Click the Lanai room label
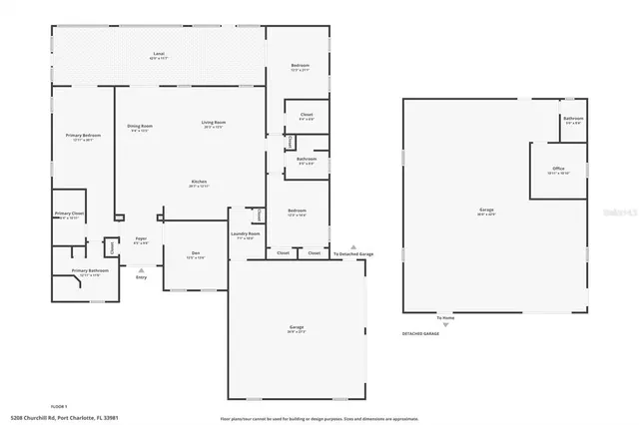tap(158, 54)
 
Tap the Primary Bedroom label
tap(84, 137)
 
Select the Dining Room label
tap(140, 127)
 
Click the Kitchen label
tap(200, 183)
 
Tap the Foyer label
tap(142, 239)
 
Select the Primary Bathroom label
tap(90, 272)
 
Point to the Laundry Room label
tap(247, 235)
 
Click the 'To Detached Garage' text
tap(353, 254)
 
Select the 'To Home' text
tap(444, 318)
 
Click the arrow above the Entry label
tap(141, 268)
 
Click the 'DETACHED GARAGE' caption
tap(420, 333)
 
